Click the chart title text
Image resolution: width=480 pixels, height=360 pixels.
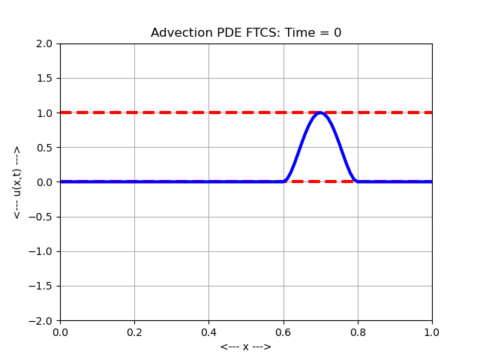[x=246, y=33]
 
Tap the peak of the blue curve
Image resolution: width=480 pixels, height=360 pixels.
[x=320, y=112]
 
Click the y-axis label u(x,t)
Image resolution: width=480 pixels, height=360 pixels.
[x=17, y=182]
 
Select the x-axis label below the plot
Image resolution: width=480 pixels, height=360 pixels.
[x=246, y=346]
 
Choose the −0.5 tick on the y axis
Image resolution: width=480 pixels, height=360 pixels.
[x=43, y=217]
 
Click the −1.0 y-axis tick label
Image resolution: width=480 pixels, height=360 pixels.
[x=43, y=251]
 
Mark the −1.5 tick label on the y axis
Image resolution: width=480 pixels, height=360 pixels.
[x=43, y=286]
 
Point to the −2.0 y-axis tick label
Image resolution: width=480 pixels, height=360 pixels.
[x=43, y=320]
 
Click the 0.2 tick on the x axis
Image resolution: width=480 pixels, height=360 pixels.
[x=134, y=331]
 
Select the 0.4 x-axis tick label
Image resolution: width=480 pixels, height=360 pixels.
[x=208, y=331]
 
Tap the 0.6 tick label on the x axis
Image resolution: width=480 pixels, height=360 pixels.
[x=283, y=331]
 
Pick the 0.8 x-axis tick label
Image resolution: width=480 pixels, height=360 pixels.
[x=358, y=331]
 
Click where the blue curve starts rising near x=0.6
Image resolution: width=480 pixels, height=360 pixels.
[x=285, y=181]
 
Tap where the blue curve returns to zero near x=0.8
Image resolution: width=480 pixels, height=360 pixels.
[x=356, y=181]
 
